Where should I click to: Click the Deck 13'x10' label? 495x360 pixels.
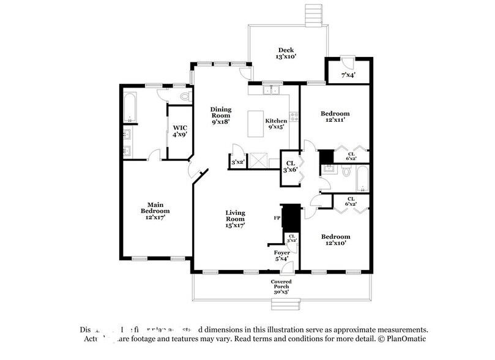[x=286, y=53]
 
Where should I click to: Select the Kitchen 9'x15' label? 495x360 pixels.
[x=276, y=124]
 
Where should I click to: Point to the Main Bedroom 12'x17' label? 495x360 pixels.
[x=154, y=211]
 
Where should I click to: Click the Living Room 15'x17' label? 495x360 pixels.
[x=235, y=219]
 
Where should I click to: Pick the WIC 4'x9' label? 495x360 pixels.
[x=179, y=132]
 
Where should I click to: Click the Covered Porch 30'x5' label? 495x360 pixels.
[x=281, y=287]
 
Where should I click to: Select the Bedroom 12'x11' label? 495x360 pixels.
[x=335, y=117]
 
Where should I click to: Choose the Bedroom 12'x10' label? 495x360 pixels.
[x=335, y=240]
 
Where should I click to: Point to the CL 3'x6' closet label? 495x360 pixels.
[x=290, y=166]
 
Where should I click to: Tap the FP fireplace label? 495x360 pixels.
[x=277, y=217]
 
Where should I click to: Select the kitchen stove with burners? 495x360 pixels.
[x=294, y=114]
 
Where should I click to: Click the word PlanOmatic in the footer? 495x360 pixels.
[x=404, y=339]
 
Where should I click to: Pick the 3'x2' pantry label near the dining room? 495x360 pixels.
[x=237, y=162]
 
